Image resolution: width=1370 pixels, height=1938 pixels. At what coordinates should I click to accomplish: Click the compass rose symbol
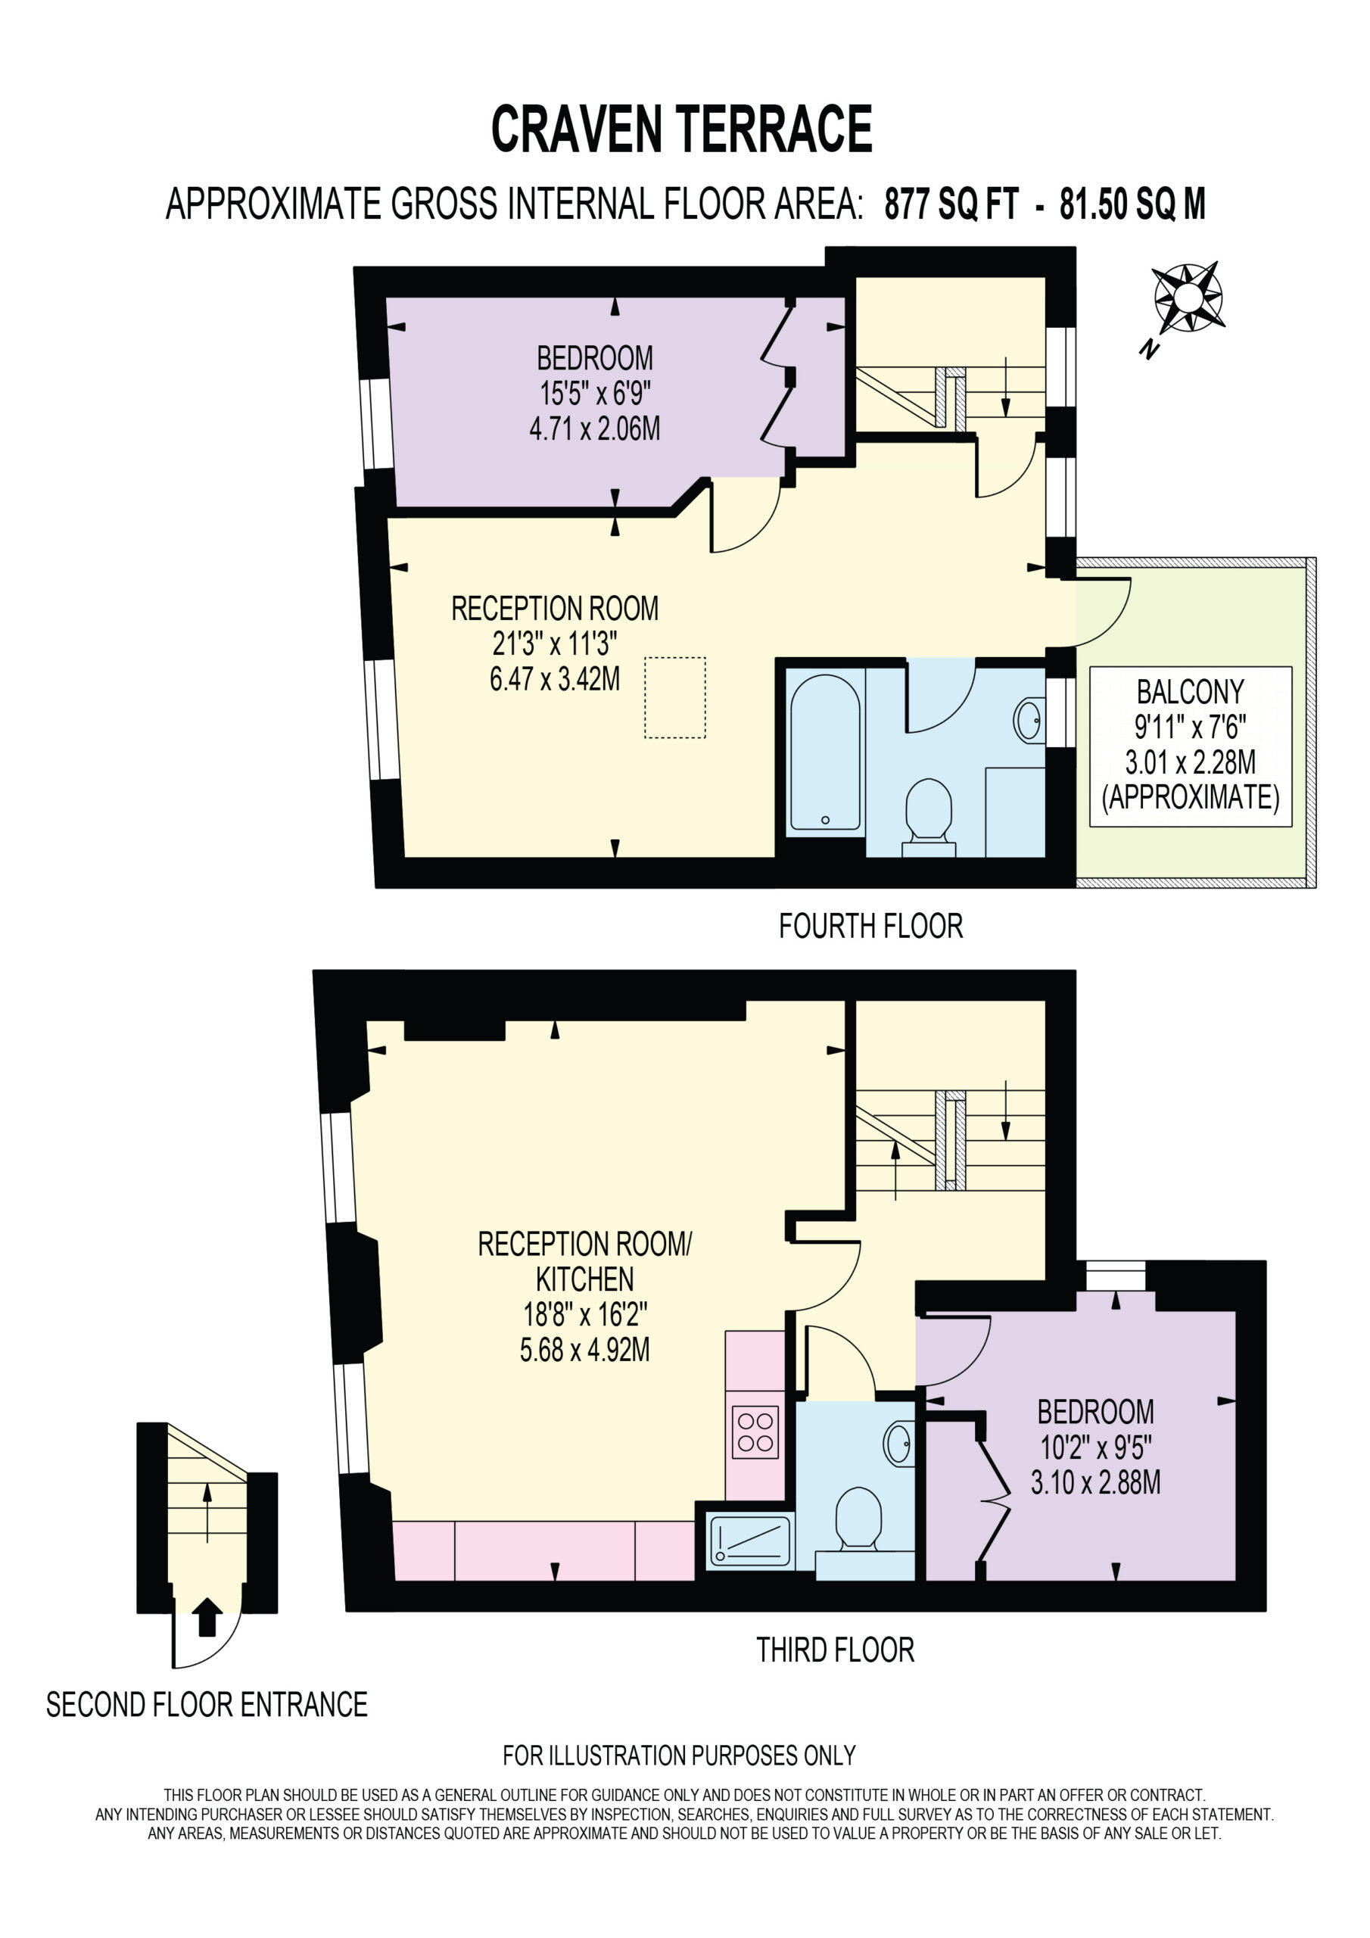(1187, 297)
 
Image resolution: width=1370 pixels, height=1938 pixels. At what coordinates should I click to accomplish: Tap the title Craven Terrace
(681, 129)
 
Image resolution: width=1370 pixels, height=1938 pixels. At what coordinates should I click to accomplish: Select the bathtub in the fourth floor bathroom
(825, 752)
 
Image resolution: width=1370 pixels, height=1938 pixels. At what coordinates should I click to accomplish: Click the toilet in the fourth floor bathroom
(929, 817)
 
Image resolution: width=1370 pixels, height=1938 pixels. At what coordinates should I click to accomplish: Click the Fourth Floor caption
(870, 926)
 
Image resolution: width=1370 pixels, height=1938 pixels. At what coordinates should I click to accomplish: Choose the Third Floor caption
(835, 1650)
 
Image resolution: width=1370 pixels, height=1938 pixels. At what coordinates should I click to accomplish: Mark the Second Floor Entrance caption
(207, 1704)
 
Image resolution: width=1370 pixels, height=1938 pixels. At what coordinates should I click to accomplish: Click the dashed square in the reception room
(674, 698)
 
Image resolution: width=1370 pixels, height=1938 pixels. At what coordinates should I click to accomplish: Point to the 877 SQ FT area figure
(951, 204)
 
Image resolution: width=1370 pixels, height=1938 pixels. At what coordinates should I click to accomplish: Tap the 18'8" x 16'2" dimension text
(585, 1314)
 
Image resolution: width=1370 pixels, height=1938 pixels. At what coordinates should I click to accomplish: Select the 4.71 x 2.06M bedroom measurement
(595, 428)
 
